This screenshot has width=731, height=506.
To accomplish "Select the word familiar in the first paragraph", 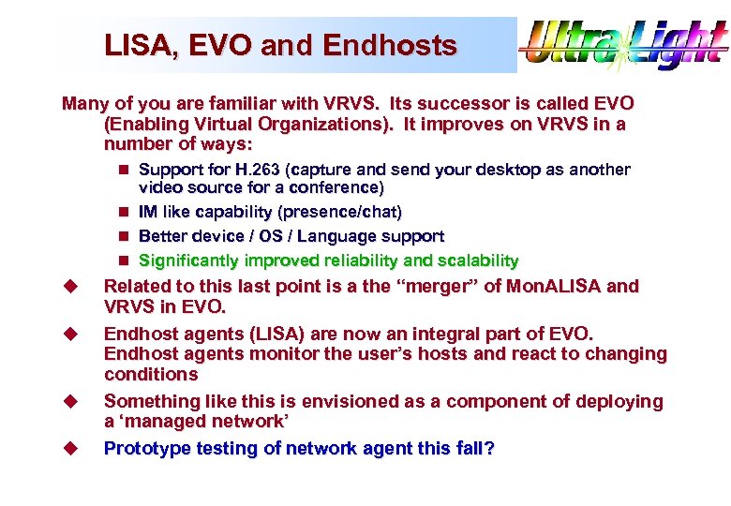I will pyautogui.click(x=217, y=103).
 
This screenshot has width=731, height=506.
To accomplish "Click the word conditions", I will pyautogui.click(x=151, y=374).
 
